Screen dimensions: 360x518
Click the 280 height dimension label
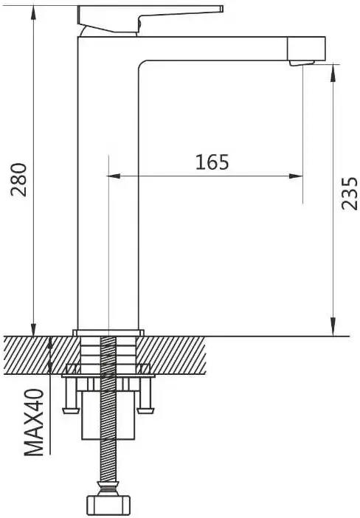point(18,180)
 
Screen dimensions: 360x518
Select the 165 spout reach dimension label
point(212,162)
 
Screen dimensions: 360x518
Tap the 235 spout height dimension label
point(350,193)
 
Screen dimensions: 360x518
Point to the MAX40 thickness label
point(35,423)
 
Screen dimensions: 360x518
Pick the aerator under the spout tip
point(302,63)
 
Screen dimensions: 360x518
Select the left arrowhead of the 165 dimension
point(114,176)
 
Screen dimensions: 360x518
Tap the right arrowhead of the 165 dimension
point(296,176)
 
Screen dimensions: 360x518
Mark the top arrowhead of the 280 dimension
point(33,13)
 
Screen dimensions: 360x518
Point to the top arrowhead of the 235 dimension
point(333,72)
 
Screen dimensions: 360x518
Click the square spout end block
point(306,49)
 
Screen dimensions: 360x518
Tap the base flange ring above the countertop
point(108,333)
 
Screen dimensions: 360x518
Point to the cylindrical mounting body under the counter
point(108,415)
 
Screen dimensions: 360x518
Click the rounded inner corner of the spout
point(142,63)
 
